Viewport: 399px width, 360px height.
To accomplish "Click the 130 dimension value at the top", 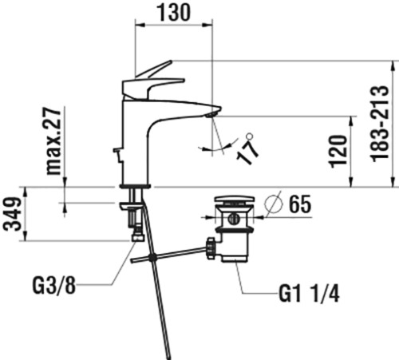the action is pyautogui.click(x=173, y=12).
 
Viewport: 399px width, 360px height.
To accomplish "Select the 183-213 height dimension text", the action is pyautogui.click(x=381, y=124).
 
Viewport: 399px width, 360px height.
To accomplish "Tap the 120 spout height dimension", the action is pyautogui.click(x=338, y=152).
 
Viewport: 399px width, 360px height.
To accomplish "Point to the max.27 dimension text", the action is pyautogui.click(x=53, y=141).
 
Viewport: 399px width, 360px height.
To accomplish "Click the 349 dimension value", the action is pyautogui.click(x=12, y=214).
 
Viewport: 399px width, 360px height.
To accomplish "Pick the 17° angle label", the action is pyautogui.click(x=247, y=149).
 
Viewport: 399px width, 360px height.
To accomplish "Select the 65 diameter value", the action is pyautogui.click(x=300, y=204).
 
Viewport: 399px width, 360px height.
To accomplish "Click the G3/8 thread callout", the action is pyautogui.click(x=54, y=286).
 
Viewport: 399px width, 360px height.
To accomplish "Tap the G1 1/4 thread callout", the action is pyautogui.click(x=309, y=294).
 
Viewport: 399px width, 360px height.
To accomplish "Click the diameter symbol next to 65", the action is pyautogui.click(x=273, y=204).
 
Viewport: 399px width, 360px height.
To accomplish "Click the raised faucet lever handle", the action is pyautogui.click(x=153, y=69).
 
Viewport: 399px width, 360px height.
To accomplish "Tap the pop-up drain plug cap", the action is pyautogui.click(x=235, y=199).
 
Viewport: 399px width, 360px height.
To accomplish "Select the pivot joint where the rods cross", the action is pyautogui.click(x=152, y=257).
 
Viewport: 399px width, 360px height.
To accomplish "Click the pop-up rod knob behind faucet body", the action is pyautogui.click(x=117, y=150).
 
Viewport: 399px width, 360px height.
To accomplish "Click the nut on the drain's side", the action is pyautogui.click(x=210, y=247).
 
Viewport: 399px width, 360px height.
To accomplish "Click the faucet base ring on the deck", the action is pyautogui.click(x=136, y=186).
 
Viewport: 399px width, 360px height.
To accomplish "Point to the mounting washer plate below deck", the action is pyautogui.click(x=131, y=206).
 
